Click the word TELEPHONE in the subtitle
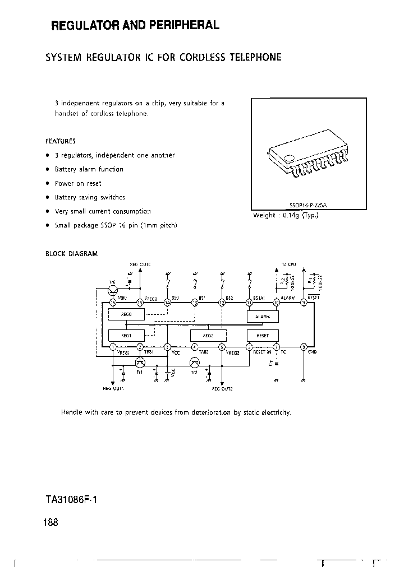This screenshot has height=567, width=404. point(256,57)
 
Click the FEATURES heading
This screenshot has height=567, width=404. point(60,141)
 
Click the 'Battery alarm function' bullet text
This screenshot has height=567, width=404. point(89,169)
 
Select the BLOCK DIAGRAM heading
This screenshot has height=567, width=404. point(71,253)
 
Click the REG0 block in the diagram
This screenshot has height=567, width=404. point(126,315)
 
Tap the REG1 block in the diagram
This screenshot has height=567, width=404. point(126,335)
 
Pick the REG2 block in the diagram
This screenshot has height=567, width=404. point(208,335)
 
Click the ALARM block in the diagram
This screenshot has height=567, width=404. point(263,317)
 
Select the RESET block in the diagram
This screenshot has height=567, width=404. point(263,335)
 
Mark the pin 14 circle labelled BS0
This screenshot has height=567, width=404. point(167,303)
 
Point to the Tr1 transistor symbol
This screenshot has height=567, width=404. point(140,362)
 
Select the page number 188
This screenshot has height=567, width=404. point(50,522)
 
